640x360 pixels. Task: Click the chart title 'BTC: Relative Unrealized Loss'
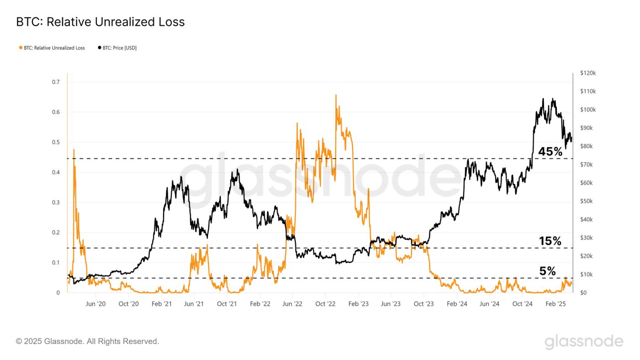coord(100,22)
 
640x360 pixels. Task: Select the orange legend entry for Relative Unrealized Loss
coord(52,48)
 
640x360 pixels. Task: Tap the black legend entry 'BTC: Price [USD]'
coord(117,48)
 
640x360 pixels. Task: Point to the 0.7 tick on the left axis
coord(56,82)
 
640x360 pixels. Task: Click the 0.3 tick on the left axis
coord(56,203)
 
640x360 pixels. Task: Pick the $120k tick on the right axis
coord(588,73)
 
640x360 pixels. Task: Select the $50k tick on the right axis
coord(587,201)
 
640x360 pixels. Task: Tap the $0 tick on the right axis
coord(583,293)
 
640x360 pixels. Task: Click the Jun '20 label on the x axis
coord(96,304)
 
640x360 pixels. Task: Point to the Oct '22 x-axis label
coord(325,304)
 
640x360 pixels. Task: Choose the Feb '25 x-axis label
coord(556,304)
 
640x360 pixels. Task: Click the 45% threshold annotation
coord(550,152)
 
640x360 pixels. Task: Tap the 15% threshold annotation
coord(550,241)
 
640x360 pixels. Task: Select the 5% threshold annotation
coord(548,271)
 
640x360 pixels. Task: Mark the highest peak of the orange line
coord(336,95)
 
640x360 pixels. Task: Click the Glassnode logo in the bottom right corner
coord(584,342)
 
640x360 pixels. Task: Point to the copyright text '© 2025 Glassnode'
coord(87,341)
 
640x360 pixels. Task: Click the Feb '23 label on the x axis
coord(358,304)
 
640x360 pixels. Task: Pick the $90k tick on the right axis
coord(587,128)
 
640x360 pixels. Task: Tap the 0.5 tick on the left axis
coord(56,142)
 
